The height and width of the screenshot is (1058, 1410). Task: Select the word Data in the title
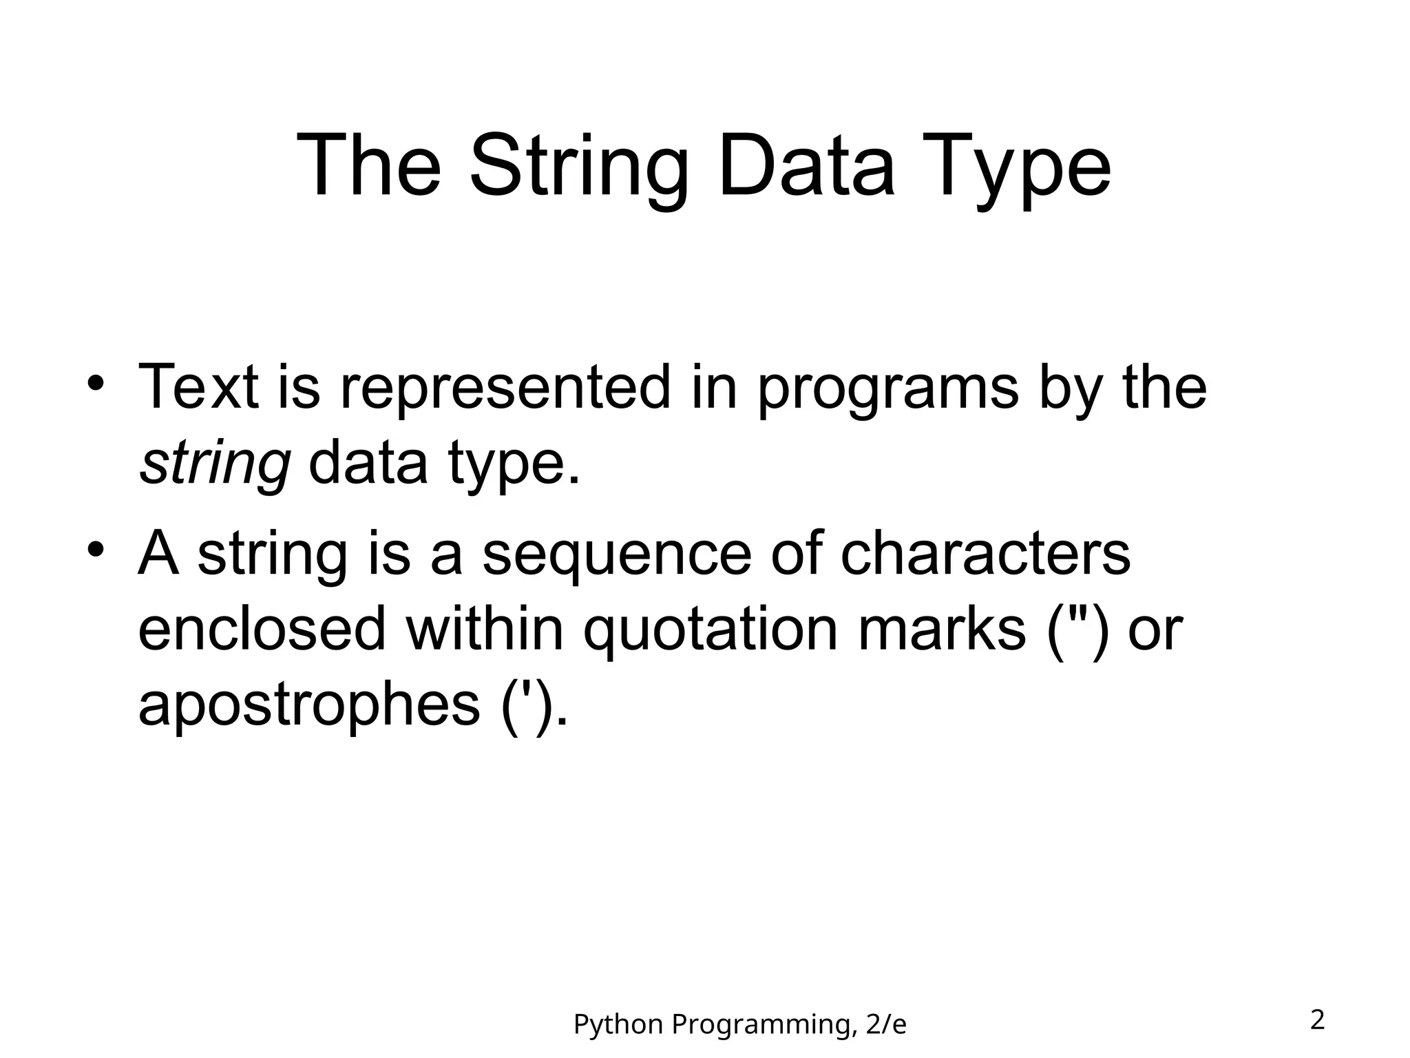806,167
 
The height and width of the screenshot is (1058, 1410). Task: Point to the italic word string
215,463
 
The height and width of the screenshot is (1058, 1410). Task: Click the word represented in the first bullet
505,387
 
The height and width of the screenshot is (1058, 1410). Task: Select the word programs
887,388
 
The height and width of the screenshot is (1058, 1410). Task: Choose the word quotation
710,630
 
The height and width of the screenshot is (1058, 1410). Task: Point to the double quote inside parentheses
1079,612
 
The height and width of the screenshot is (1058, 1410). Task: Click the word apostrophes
308,705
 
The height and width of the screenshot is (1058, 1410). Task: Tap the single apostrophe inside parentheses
527,689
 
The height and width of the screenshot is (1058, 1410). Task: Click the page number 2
1317,1020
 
